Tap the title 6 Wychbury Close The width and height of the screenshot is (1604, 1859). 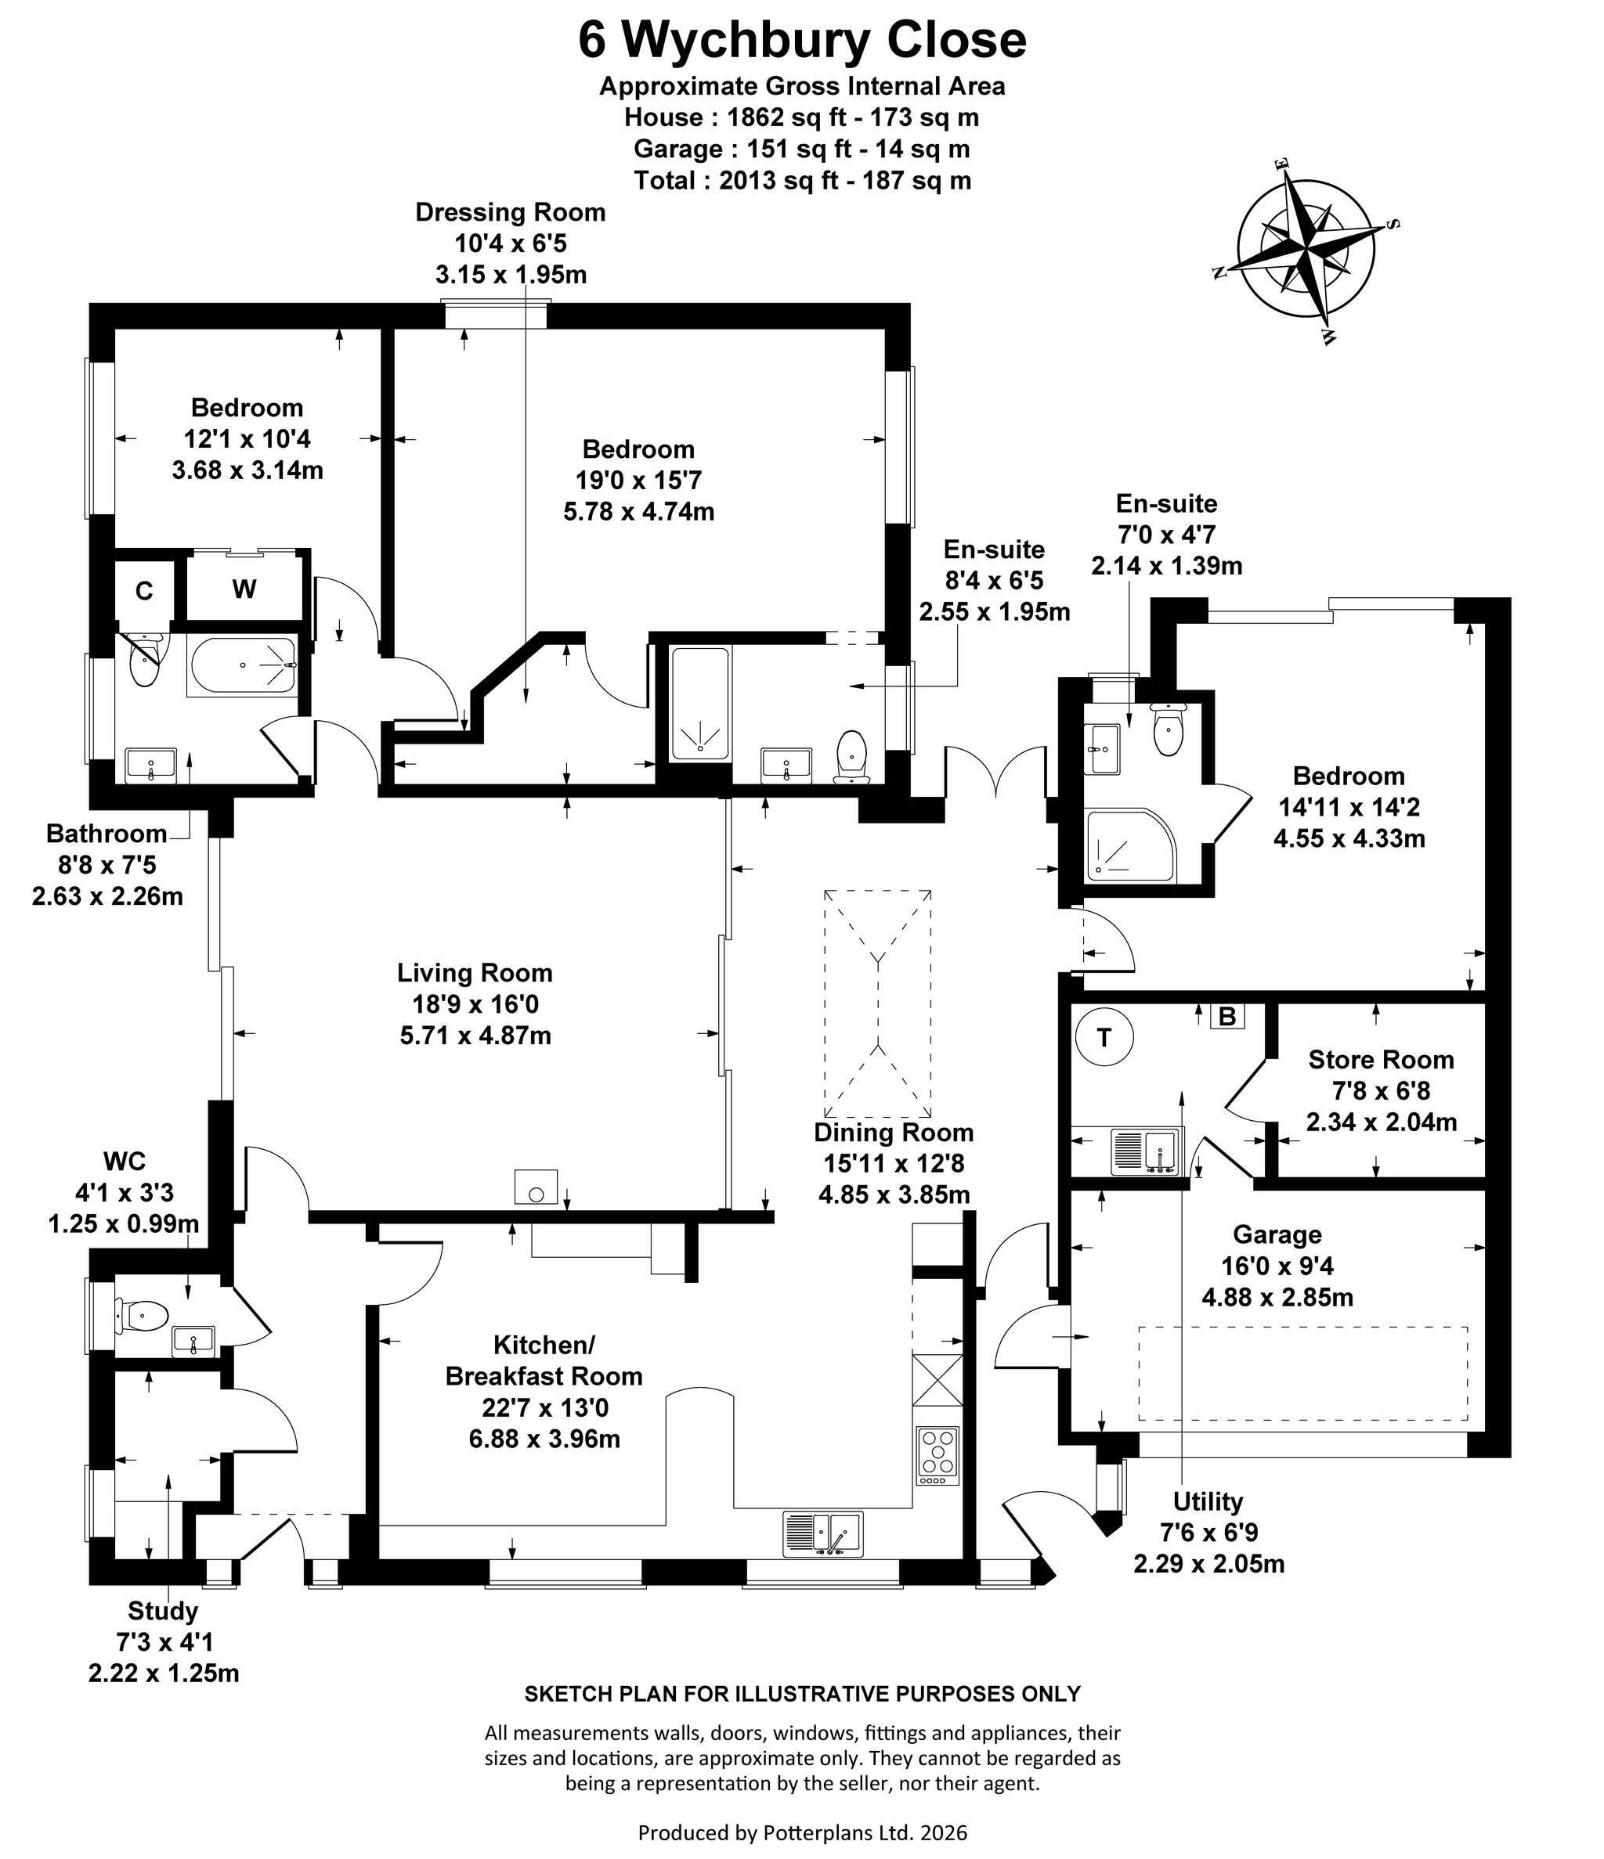coord(801,41)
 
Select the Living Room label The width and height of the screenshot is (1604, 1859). coord(475,973)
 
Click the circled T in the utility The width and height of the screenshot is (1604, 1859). coord(1104,1038)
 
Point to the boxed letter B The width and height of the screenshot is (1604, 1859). coord(1228,1017)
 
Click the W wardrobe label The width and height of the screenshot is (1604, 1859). coord(244,589)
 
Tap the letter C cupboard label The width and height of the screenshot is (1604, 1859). coord(143,591)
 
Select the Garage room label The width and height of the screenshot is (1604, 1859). coord(1277,1234)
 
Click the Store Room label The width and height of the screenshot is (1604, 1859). coord(1381,1060)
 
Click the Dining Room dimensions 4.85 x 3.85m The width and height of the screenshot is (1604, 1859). coord(894,1194)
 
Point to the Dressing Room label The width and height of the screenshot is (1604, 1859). coord(510,213)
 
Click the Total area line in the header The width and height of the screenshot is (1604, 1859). coord(803,180)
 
